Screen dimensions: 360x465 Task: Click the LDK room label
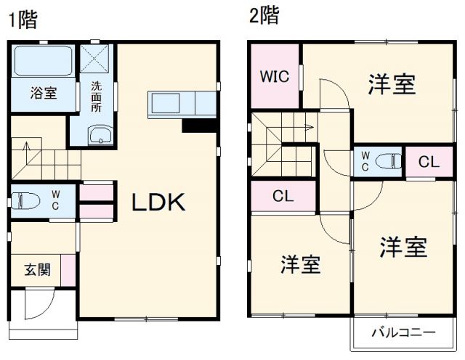pos(158,203)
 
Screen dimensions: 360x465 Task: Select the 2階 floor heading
pos(264,17)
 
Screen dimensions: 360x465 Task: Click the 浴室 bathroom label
pos(42,92)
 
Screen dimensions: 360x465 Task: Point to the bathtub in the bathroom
pos(43,62)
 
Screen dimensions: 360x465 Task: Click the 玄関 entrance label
pos(38,271)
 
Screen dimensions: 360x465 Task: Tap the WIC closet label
pos(275,75)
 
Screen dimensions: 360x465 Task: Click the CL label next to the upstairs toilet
pos(429,162)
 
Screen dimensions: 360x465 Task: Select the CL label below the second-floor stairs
pos(283,196)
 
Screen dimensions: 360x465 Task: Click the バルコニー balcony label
pos(404,333)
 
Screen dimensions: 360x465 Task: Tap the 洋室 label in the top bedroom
pos(392,85)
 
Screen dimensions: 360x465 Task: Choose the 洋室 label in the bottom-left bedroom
pos(301,265)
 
